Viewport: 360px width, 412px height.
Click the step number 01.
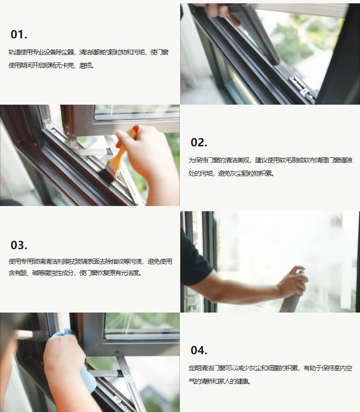(x=19, y=35)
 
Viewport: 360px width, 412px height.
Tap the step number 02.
(x=199, y=143)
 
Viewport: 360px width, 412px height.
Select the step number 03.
(x=19, y=245)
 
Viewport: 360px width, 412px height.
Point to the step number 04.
(x=199, y=350)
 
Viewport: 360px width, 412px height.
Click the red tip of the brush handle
(x=136, y=129)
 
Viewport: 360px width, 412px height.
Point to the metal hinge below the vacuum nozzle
(x=302, y=88)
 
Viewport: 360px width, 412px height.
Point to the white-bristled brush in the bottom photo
(x=31, y=334)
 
